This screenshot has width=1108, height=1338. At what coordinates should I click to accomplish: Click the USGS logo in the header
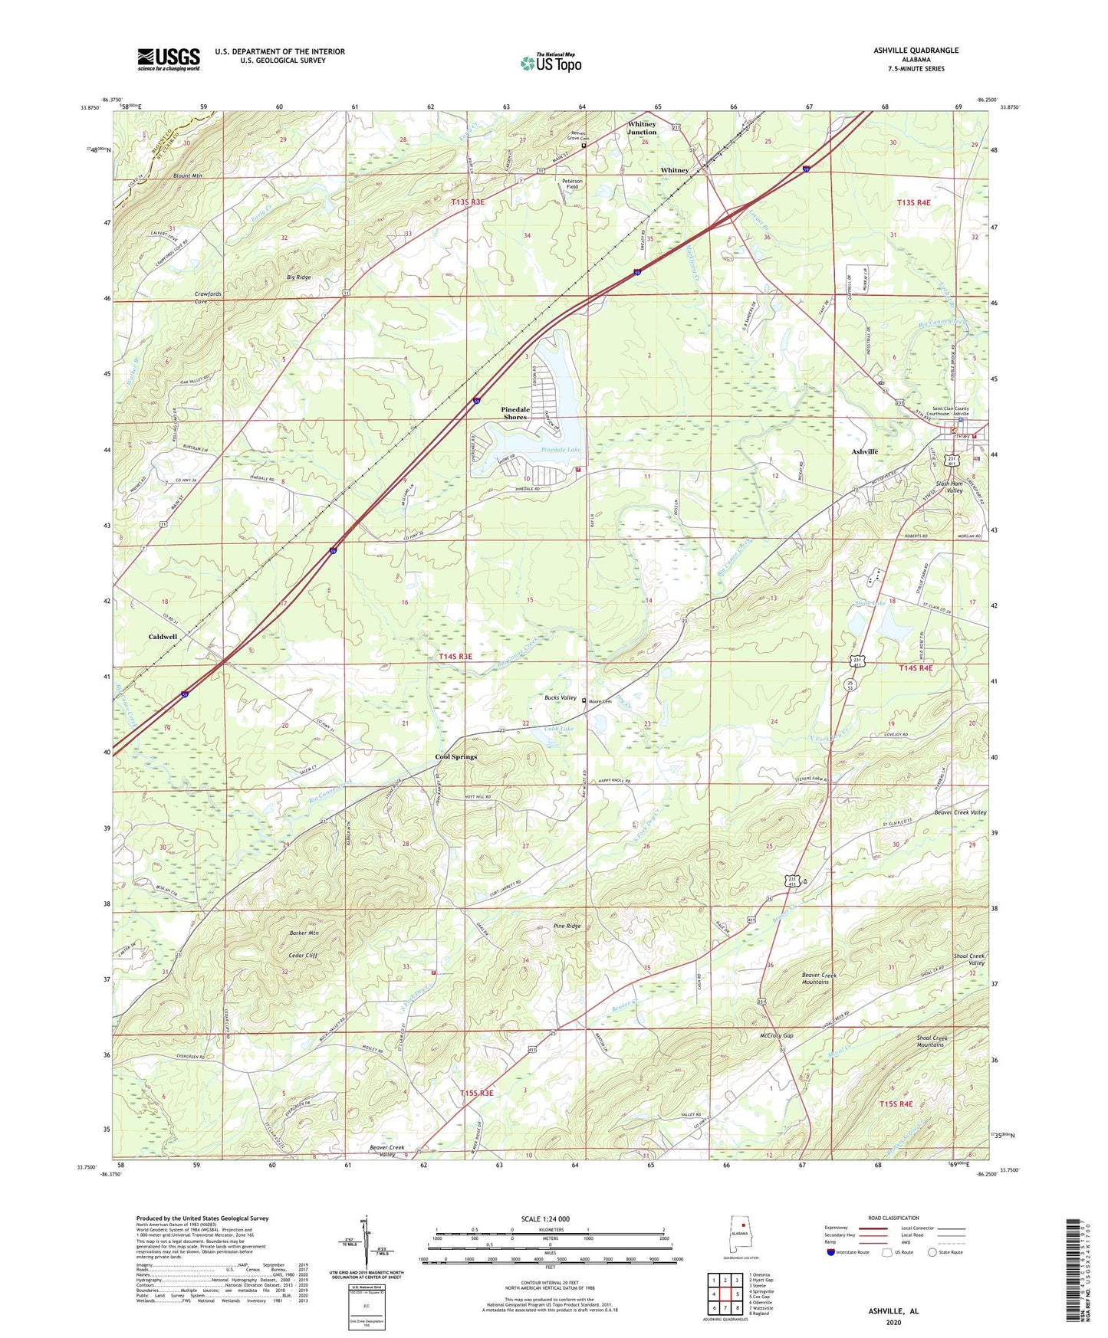[x=168, y=59]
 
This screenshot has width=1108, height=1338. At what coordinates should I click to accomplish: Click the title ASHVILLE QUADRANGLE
[x=916, y=51]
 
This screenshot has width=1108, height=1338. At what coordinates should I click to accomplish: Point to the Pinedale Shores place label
[x=515, y=413]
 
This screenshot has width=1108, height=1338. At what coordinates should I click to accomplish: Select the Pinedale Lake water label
[x=561, y=450]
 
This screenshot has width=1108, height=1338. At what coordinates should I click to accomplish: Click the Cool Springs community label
[x=455, y=757]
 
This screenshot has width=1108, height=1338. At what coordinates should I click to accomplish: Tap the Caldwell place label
[x=163, y=637]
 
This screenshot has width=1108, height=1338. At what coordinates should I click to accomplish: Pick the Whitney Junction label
[x=642, y=128]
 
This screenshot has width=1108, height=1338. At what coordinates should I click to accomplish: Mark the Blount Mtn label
[x=187, y=175]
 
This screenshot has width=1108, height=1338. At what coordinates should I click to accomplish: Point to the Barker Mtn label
[x=304, y=933]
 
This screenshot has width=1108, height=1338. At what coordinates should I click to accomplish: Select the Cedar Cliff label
[x=302, y=956]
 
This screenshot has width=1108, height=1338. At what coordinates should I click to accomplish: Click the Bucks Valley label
[x=560, y=698]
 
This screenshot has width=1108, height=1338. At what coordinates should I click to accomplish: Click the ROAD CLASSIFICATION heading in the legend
[x=893, y=1218]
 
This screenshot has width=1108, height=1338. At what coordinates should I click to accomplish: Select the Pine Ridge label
[x=567, y=926]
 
